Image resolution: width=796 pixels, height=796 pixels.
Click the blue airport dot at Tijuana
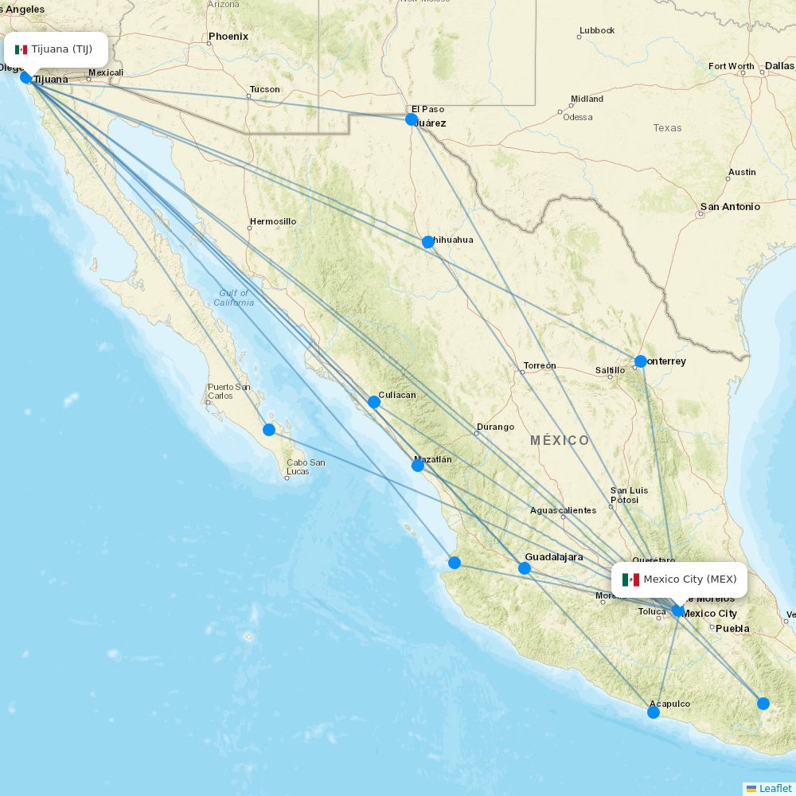25,77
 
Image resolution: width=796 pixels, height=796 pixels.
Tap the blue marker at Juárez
411,119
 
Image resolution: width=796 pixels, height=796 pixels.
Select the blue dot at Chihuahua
427,241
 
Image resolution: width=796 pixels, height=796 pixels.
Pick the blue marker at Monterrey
640,361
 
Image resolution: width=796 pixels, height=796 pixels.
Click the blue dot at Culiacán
374,402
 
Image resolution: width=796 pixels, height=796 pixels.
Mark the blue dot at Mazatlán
417,465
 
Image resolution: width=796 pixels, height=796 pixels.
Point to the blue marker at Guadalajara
524,568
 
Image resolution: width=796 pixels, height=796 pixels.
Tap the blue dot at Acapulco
653,712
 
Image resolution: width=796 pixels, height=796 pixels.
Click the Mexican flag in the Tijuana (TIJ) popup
21,49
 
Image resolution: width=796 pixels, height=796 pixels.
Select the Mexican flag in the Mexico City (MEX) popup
630,579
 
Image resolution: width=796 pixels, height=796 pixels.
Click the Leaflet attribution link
775,788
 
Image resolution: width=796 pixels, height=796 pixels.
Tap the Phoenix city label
228,37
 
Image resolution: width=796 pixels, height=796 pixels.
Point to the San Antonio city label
730,207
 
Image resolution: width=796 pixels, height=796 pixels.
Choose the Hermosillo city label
272,221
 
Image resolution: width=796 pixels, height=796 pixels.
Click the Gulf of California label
234,298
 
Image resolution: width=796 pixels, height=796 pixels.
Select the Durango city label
495,427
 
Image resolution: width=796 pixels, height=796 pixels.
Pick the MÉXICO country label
560,440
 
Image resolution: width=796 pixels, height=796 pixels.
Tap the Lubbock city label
597,30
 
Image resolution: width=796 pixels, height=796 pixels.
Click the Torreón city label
540,366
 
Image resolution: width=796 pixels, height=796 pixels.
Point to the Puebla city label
732,629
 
